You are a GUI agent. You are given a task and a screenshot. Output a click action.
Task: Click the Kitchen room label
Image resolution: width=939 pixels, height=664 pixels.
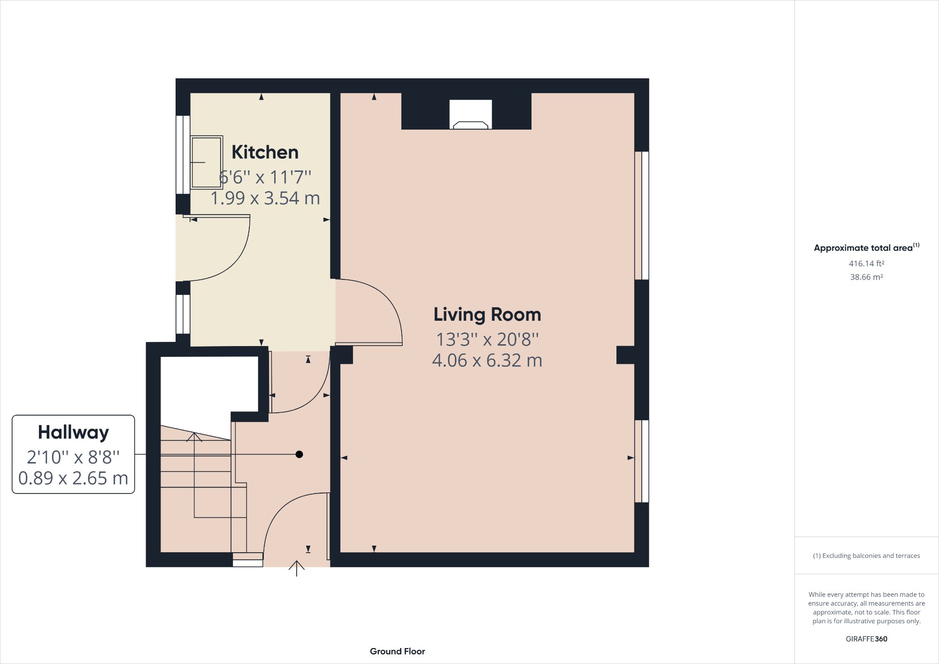point(265,152)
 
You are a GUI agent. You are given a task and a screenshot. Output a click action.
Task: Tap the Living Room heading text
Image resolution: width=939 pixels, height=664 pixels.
point(487,314)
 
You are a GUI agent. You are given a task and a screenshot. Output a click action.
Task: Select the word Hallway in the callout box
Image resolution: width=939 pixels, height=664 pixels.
point(73,432)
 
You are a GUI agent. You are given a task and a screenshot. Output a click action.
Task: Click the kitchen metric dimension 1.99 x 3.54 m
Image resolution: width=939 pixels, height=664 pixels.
point(265,198)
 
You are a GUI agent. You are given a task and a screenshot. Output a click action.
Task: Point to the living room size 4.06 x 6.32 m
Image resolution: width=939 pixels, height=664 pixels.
point(487,360)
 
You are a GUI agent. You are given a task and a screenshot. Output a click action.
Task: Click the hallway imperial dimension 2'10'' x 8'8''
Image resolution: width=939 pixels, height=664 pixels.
point(73,456)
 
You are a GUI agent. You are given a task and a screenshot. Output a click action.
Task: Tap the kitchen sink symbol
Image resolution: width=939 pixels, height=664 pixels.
point(207,162)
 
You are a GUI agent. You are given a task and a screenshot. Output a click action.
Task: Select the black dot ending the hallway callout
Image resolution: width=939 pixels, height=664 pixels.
point(299,454)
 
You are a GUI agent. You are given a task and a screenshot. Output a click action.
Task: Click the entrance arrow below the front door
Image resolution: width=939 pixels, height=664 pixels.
point(296,568)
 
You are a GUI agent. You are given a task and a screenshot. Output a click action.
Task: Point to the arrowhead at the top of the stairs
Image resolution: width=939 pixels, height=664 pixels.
point(194,437)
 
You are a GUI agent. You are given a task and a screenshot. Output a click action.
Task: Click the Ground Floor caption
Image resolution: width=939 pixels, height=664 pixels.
point(397,651)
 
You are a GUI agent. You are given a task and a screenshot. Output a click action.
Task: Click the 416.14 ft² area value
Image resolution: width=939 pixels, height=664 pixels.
point(866,263)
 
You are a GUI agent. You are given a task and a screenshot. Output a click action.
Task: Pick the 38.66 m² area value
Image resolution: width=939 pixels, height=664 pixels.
point(866,277)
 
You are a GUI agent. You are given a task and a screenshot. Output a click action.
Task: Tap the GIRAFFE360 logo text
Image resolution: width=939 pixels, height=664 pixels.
point(866,639)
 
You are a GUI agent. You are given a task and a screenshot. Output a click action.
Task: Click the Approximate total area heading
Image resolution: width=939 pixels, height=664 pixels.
point(863,248)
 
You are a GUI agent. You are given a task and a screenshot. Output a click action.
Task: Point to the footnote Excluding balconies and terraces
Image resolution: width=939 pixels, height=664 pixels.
point(866,556)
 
